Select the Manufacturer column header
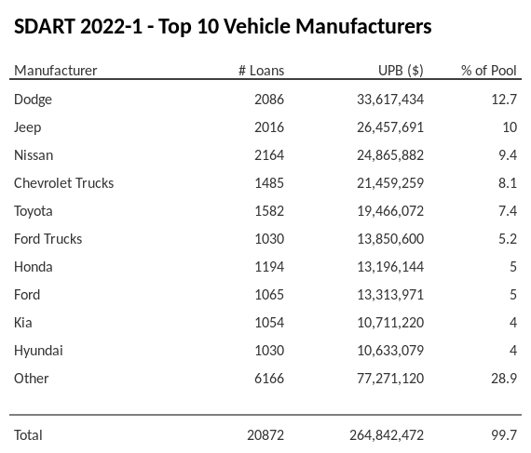[x=56, y=71]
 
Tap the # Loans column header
[x=261, y=71]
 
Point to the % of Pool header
[x=488, y=71]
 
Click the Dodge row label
[x=34, y=100]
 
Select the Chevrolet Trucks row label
[x=64, y=183]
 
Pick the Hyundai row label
[x=39, y=351]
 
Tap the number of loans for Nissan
[x=268, y=155]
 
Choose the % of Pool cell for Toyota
[x=507, y=211]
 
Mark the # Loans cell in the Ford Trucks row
[x=268, y=239]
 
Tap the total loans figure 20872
[x=265, y=435]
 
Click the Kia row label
[x=23, y=323]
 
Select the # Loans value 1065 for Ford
[x=268, y=295]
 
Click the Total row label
[x=29, y=435]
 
